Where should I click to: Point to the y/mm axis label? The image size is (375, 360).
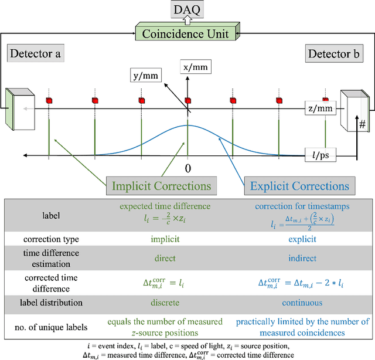[146, 76]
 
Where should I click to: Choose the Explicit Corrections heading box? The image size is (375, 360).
[299, 186]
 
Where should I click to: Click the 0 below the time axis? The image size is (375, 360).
[187, 169]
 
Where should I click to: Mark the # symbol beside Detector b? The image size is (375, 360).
[362, 125]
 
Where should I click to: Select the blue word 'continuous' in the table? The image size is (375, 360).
[302, 303]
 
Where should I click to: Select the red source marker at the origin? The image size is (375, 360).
[187, 100]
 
